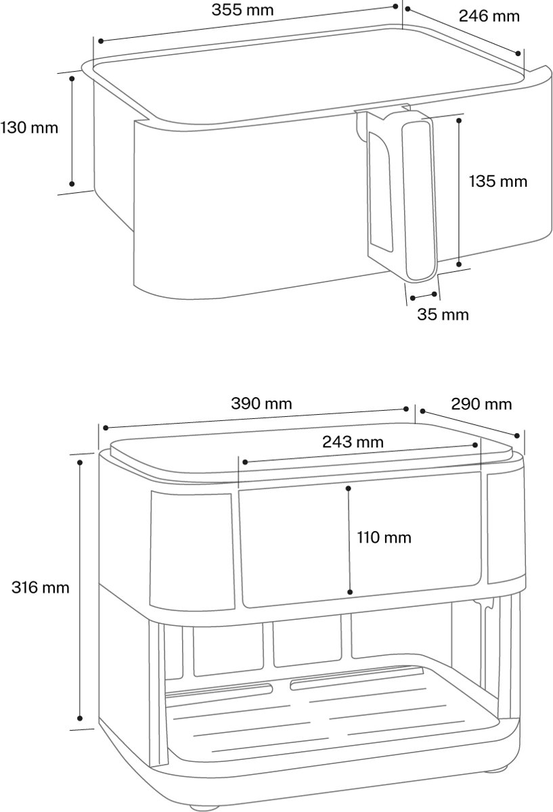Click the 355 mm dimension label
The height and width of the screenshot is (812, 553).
(242, 10)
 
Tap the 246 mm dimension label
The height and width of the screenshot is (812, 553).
(489, 16)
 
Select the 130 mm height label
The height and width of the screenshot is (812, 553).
(29, 128)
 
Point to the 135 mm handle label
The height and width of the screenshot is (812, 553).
(498, 181)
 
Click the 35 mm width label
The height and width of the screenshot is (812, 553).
(443, 314)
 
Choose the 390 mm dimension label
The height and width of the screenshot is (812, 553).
(261, 403)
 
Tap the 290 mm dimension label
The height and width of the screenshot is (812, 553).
(481, 404)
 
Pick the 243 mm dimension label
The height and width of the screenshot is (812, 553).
(353, 442)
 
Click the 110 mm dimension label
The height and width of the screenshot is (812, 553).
(384, 537)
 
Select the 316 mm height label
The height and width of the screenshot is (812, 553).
(40, 587)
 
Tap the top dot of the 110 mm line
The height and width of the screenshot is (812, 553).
(348, 489)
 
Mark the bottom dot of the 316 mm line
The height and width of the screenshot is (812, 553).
(80, 718)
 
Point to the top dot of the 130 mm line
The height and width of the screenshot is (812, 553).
(72, 78)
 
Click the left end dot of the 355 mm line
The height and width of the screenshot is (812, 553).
(101, 41)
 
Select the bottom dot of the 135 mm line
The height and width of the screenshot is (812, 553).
(459, 265)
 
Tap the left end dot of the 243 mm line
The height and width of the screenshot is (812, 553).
(245, 461)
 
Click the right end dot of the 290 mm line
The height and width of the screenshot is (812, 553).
(517, 435)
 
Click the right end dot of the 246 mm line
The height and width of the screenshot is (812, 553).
(518, 53)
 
